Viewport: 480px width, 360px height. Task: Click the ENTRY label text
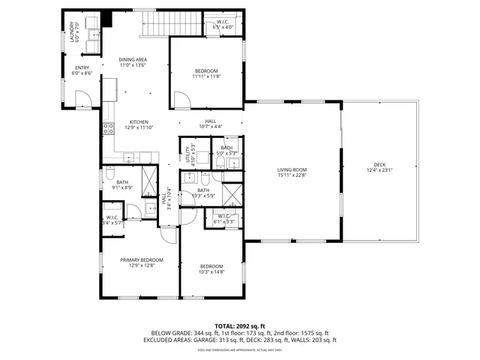(x=82, y=67)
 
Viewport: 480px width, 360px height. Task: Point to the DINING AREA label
(x=133, y=59)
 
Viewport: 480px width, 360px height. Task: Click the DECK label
(x=382, y=165)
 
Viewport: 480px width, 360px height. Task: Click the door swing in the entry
(x=84, y=97)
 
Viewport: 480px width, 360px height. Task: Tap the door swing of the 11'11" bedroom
(x=181, y=98)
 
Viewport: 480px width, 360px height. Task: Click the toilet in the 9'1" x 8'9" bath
(x=109, y=175)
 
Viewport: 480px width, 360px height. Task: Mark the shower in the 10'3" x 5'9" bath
(x=232, y=194)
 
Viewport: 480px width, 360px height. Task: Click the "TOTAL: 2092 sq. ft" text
(x=240, y=326)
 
